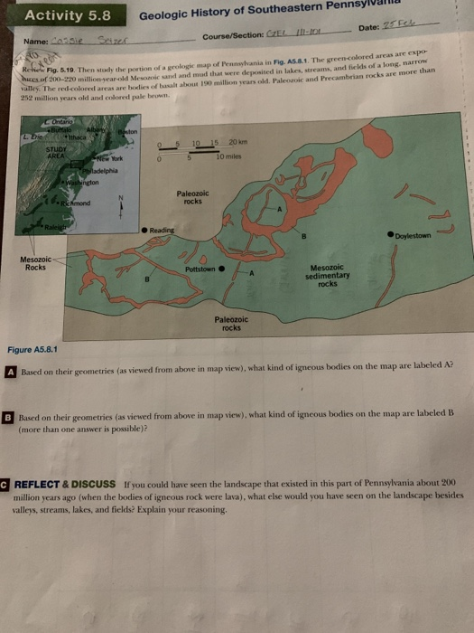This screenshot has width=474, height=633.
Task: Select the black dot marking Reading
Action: [x=144, y=231]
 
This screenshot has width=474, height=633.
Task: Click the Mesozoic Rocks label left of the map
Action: [x=34, y=263]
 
